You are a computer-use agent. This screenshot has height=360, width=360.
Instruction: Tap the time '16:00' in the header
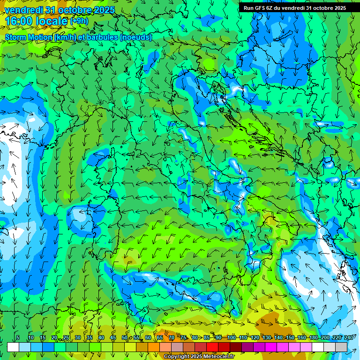click(20, 21)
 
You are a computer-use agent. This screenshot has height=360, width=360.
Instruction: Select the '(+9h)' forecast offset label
click(79, 21)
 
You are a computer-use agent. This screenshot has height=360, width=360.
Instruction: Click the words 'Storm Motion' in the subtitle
click(29, 37)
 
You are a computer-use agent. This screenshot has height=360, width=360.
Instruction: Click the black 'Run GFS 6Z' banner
click(294, 8)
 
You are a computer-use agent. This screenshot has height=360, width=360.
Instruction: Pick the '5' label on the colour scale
click(18, 338)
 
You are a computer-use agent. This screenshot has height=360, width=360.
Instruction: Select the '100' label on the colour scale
click(231, 338)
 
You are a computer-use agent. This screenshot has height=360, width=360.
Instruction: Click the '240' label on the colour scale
click(349, 338)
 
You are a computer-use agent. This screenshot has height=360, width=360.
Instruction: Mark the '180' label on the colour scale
click(313, 338)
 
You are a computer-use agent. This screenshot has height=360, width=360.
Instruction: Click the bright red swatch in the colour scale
click(212, 347)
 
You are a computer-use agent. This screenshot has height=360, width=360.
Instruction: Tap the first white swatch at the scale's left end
click(13, 347)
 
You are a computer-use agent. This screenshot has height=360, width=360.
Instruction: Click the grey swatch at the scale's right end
click(341, 347)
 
